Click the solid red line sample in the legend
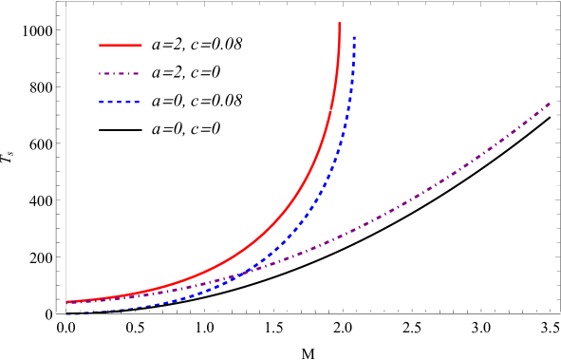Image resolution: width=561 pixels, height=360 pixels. point(120,45)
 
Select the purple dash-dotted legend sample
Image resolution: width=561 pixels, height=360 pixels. point(119,73)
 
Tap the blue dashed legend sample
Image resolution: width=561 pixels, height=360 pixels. point(119,102)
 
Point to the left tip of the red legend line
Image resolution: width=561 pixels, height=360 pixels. point(100,45)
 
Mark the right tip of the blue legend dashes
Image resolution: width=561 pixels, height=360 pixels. point(140,102)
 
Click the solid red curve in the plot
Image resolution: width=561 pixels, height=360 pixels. point(285,210)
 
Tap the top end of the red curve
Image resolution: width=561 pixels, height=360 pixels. point(339,24)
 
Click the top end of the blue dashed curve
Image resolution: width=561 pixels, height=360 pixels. point(354,37)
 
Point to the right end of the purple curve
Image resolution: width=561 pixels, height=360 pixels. point(550,103)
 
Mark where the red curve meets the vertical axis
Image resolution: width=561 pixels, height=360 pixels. point(65,302)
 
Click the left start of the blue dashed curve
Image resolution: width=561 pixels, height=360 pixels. point(67,312)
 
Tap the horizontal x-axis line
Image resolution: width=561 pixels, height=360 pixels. point(313,313)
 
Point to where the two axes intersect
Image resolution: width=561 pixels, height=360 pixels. point(65,313)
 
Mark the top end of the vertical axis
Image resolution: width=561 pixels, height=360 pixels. point(65,3)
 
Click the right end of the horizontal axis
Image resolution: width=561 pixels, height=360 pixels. point(559,313)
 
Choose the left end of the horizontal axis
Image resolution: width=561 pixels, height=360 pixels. point(57,313)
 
